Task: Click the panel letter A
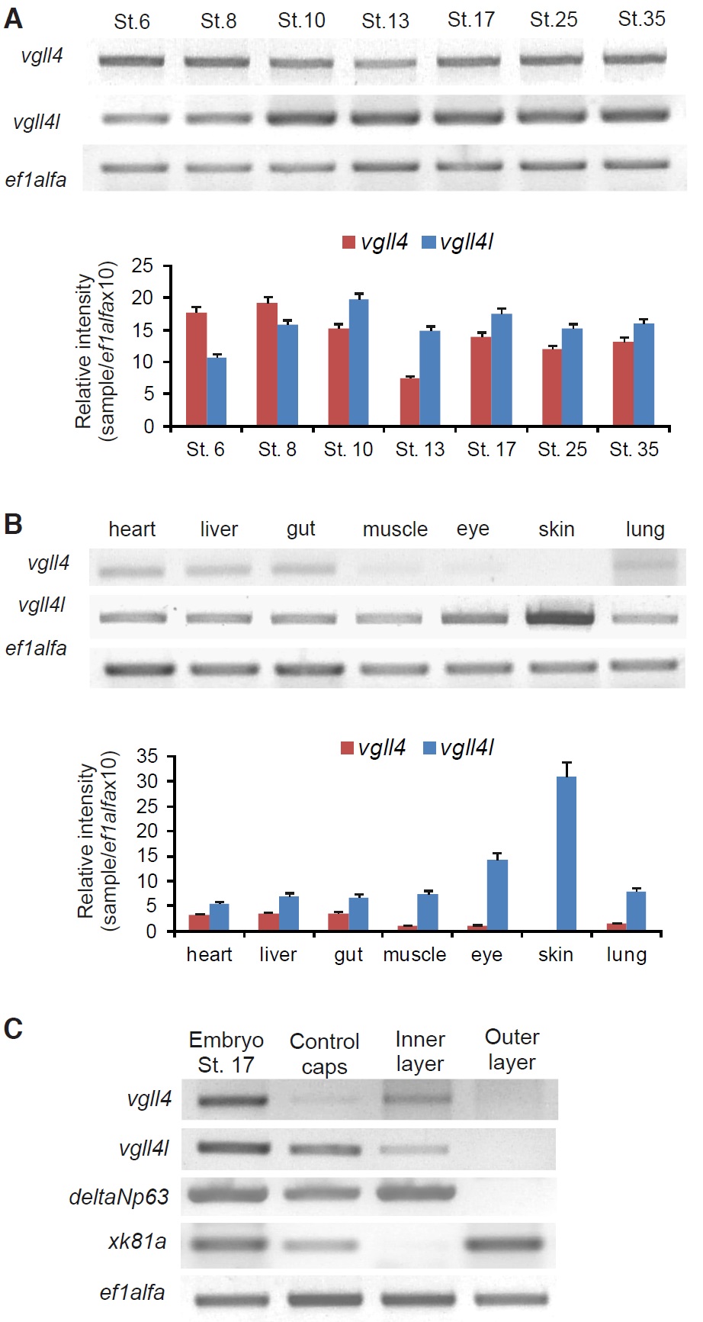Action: coord(13,18)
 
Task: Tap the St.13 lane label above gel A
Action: coord(385,21)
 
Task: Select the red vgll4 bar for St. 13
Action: coord(409,402)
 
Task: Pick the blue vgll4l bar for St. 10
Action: coord(358,362)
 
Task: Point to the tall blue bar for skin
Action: coord(566,854)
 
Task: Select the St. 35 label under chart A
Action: coord(634,449)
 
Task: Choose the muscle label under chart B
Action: coord(414,954)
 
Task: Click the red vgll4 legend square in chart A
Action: coord(349,243)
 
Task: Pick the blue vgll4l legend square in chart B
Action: coord(429,748)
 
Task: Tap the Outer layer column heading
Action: coord(512,1050)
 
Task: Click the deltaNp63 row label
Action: coord(119,1196)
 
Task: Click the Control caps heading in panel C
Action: coord(324,1053)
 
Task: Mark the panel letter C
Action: coord(13,1029)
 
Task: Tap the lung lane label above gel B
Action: coord(644,529)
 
